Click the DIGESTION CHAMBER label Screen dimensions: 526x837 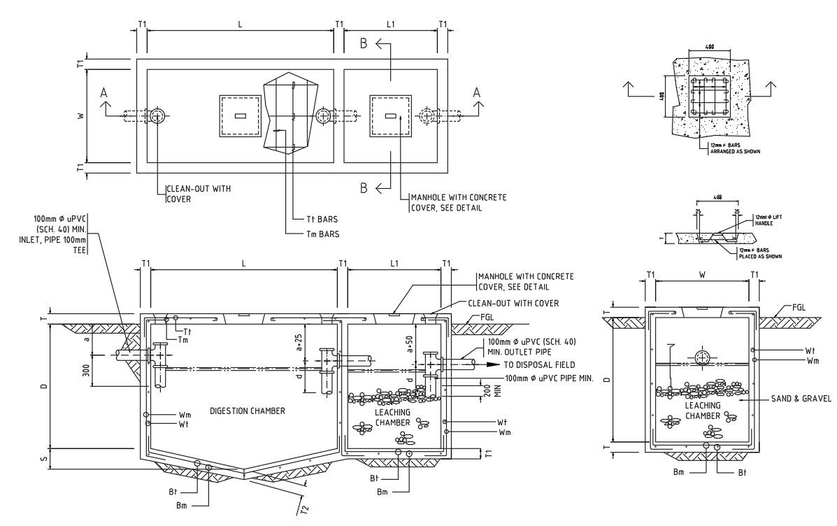pyautogui.click(x=247, y=411)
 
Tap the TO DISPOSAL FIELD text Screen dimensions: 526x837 pyautogui.click(x=539, y=364)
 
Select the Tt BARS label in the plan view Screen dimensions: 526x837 pyautogui.click(x=324, y=218)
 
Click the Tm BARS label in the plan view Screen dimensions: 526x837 pyautogui.click(x=322, y=234)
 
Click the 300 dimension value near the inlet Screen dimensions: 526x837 pyautogui.click(x=85, y=370)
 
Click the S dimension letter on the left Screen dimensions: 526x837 pyautogui.click(x=44, y=459)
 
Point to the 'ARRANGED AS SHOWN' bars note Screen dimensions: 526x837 pyautogui.click(x=736, y=150)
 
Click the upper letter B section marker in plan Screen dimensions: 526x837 pyautogui.click(x=364, y=44)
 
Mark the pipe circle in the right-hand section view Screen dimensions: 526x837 pyautogui.click(x=701, y=356)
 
